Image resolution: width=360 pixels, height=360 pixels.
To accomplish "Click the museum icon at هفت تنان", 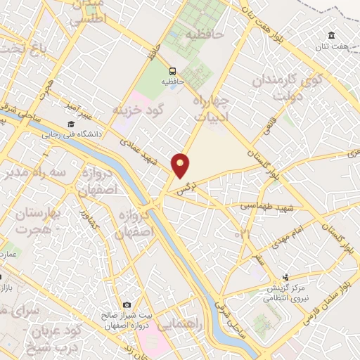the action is pos(331,36).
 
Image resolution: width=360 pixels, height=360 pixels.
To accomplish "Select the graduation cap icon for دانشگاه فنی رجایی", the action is pos(70,124).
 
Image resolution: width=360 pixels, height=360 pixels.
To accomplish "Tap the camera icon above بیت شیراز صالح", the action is pos(127,304).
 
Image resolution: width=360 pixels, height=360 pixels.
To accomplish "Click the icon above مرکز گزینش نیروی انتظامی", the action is pos(285,278).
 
